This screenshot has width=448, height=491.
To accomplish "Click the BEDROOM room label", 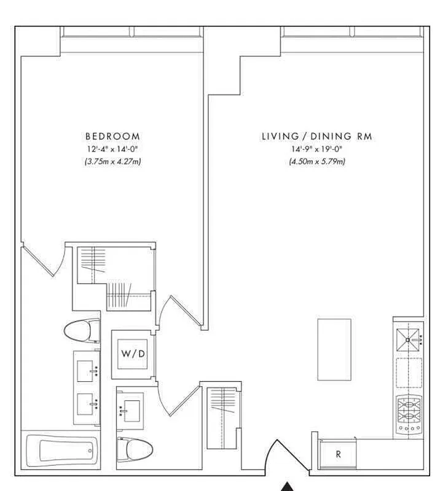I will click(112, 136).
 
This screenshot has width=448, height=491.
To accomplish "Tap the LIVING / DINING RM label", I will click(316, 136).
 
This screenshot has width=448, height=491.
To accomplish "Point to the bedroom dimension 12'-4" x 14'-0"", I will click(112, 149).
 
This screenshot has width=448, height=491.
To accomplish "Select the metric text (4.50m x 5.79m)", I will click(316, 162).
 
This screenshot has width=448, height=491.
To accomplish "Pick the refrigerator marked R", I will click(337, 455).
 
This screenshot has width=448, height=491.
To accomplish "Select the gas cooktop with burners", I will click(409, 416).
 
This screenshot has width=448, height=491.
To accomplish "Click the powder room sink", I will click(131, 406).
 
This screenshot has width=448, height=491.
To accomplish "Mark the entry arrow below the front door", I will click(287, 486).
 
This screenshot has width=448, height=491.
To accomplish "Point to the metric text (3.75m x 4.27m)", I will click(112, 162).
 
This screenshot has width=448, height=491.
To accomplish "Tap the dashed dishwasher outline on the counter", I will click(409, 373).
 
